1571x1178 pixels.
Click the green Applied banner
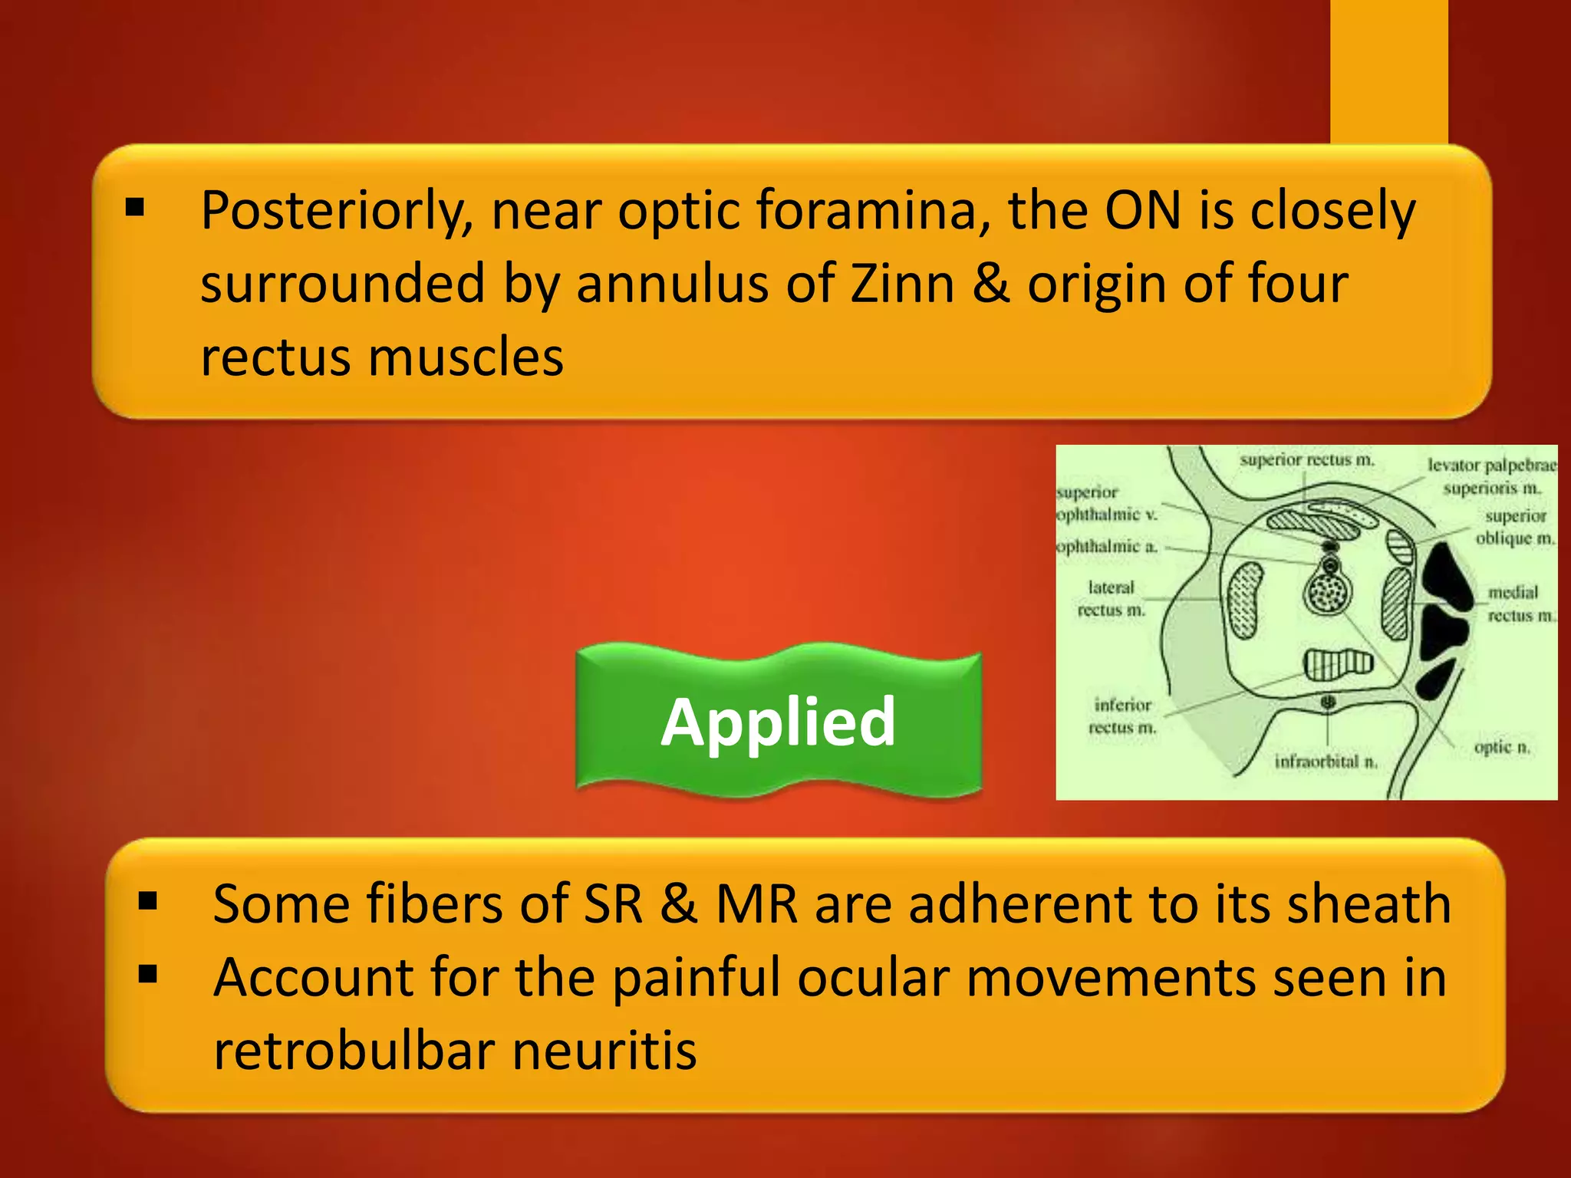(x=779, y=721)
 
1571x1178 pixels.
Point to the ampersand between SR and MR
(x=678, y=904)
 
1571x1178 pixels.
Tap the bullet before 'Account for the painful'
(x=148, y=974)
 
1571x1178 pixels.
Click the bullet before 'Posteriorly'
(x=135, y=207)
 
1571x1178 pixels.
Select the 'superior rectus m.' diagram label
(x=1306, y=460)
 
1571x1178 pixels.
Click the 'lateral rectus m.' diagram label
(x=1111, y=599)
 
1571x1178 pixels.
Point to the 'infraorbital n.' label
(x=1326, y=762)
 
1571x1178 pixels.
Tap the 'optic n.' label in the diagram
(x=1502, y=747)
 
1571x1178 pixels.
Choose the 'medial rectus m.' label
(x=1520, y=604)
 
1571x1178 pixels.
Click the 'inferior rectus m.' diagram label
(x=1122, y=716)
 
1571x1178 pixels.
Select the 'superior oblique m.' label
(x=1515, y=527)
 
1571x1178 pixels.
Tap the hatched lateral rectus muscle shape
(x=1245, y=600)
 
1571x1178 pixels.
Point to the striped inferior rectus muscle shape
(x=1338, y=663)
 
